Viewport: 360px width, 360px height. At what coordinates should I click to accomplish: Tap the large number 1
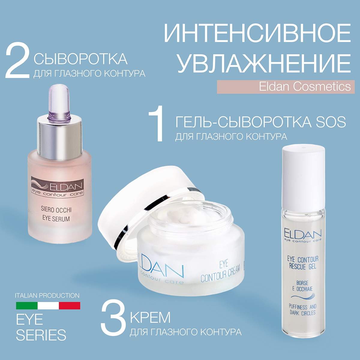[x=156, y=126]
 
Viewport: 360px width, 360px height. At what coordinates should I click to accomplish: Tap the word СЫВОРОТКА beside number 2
[x=80, y=59]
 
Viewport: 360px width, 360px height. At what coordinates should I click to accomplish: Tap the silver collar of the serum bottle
[x=59, y=138]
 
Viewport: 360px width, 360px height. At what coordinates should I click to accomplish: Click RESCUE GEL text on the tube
[x=303, y=266]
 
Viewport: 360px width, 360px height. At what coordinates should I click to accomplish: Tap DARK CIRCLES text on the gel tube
[x=302, y=313]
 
